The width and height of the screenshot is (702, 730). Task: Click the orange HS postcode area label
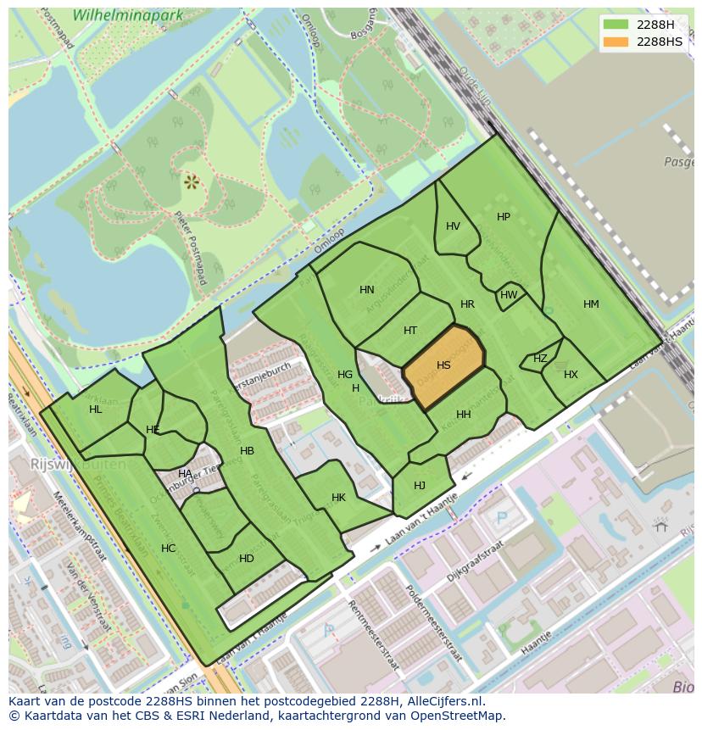coord(443,365)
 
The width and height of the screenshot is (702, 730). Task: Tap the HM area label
coord(591,304)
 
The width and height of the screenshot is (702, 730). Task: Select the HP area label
coord(504,217)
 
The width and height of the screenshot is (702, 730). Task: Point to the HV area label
coord(453,226)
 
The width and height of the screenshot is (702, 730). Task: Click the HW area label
coord(509,295)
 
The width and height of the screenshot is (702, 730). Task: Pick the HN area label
coord(366,290)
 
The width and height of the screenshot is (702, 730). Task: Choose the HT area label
coord(410,331)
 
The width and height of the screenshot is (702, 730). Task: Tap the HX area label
coord(571,375)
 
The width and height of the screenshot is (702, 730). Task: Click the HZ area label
coord(540,359)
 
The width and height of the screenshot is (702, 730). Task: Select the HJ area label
coord(420,486)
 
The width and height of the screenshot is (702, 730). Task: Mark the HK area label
coord(338,498)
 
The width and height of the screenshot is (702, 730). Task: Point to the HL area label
coord(95,410)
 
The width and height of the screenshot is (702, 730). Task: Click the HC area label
coord(168,549)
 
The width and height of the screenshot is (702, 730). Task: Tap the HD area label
coord(247,559)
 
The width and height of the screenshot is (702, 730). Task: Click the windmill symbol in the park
coord(191,181)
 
